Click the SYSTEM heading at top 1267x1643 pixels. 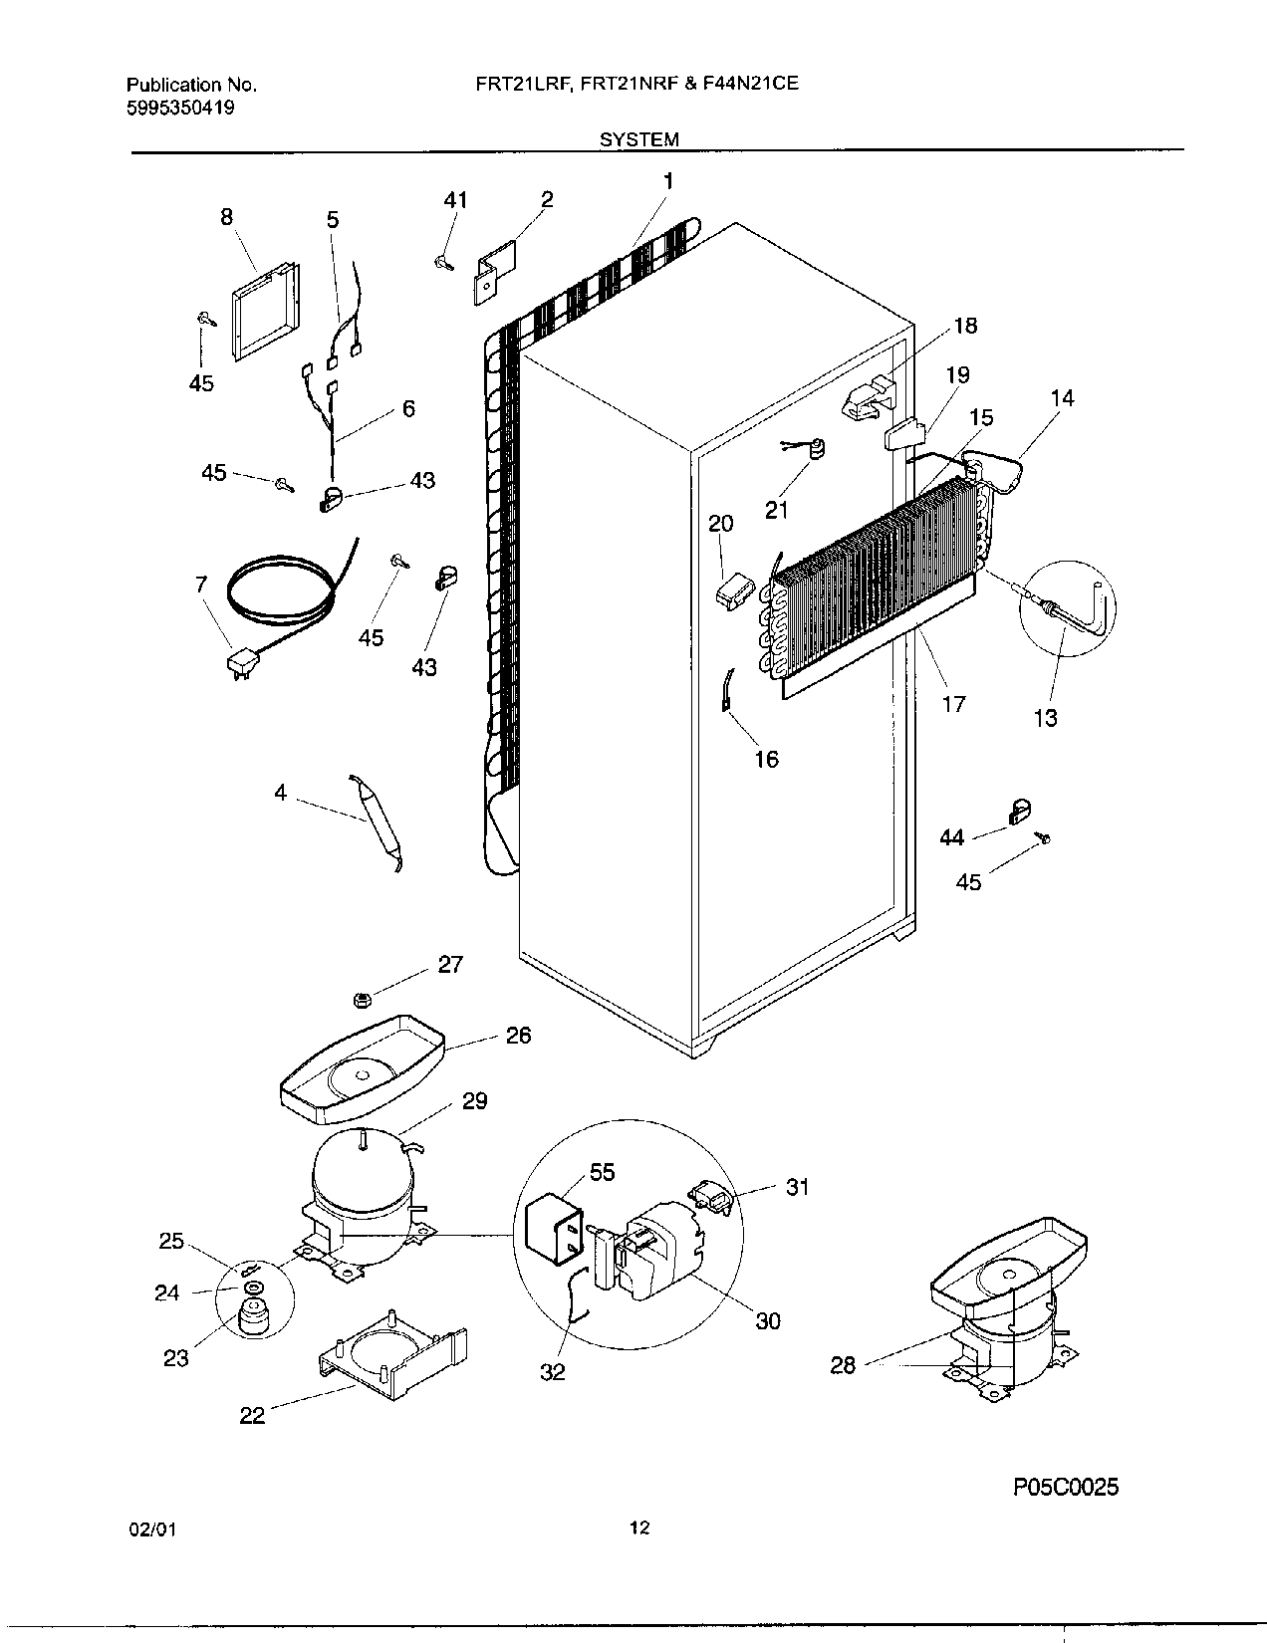638,140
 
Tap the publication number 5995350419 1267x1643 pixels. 181,108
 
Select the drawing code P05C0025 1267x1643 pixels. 1066,1488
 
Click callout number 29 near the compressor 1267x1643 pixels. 474,1101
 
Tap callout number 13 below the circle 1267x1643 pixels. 1045,717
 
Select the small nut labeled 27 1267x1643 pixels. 363,999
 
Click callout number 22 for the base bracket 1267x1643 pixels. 252,1415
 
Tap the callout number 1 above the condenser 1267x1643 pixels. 668,181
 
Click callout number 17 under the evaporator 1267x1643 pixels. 953,704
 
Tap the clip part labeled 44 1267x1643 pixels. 1018,814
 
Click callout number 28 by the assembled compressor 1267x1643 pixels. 843,1365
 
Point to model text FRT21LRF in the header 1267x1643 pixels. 523,86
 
